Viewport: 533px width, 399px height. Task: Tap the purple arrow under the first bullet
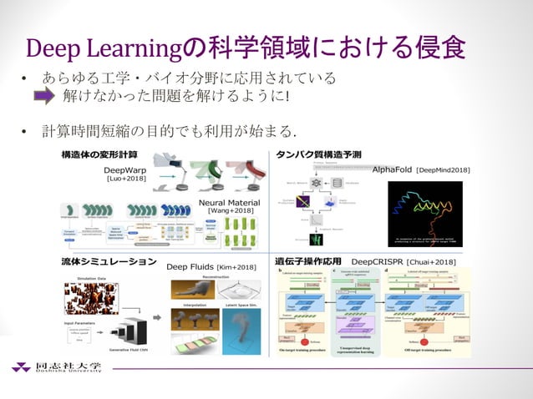tap(44, 98)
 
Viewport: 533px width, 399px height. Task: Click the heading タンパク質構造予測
tap(317, 155)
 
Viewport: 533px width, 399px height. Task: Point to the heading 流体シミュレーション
tap(109, 261)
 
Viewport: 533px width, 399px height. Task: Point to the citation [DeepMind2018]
tap(443, 169)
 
